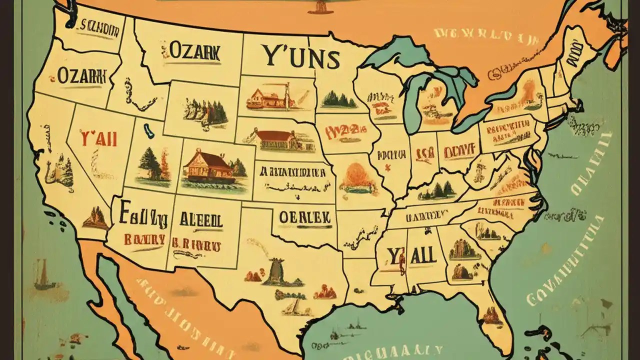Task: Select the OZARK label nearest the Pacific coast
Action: (82, 76)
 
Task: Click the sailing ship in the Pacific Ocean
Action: (43, 277)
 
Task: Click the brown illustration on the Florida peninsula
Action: (492, 314)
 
